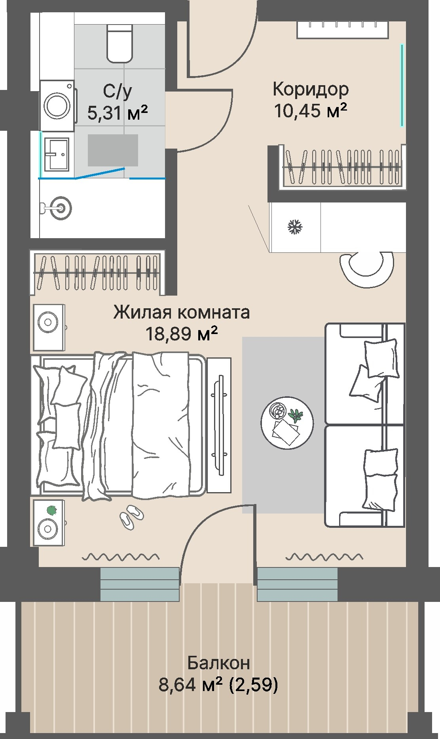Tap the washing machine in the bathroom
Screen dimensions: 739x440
click(57, 106)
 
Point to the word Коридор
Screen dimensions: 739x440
click(311, 89)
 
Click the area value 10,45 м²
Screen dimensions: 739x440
click(311, 111)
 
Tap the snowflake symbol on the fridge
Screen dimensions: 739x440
click(295, 227)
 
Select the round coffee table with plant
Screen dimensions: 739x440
click(287, 423)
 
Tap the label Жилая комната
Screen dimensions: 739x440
click(182, 312)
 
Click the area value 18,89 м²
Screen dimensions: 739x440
click(182, 334)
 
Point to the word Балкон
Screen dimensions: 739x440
click(218, 662)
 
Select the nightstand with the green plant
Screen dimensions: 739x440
click(48, 523)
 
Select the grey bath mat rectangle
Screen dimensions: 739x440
click(113, 150)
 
